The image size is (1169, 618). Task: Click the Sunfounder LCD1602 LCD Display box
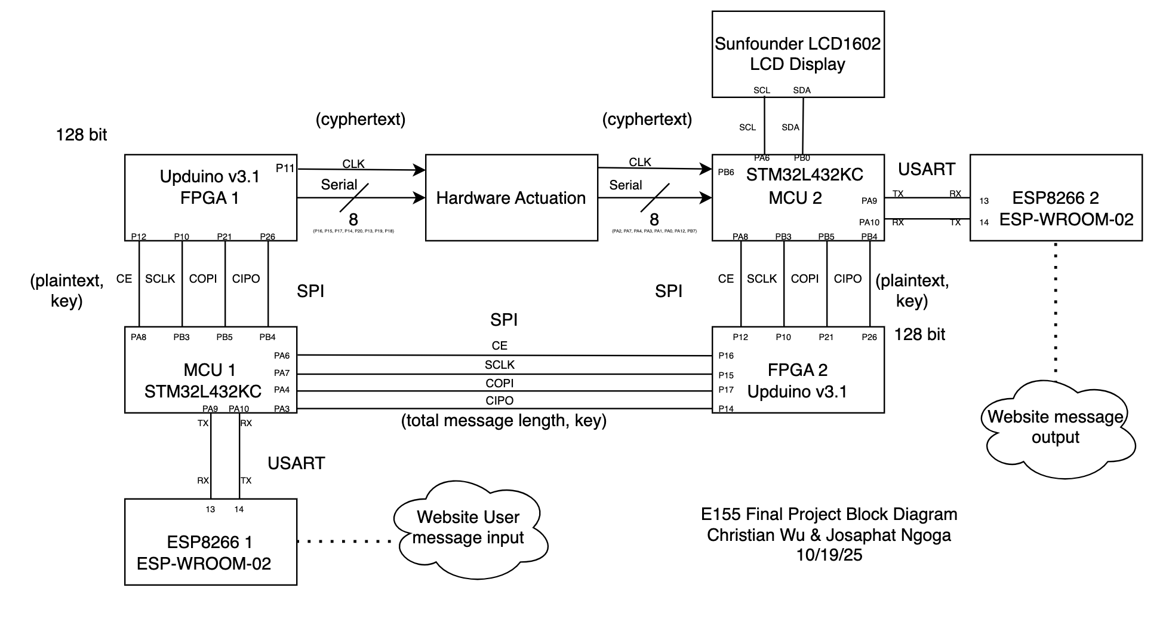click(798, 54)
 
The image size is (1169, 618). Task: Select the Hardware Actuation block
click(511, 198)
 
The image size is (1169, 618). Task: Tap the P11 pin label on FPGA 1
click(285, 169)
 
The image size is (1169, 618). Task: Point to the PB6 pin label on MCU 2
click(726, 172)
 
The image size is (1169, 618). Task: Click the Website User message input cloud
click(468, 527)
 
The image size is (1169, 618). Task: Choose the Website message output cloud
click(1056, 427)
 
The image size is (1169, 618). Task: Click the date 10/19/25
click(829, 555)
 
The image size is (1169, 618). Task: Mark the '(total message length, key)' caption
click(504, 421)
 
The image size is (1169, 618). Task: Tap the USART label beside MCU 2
click(927, 169)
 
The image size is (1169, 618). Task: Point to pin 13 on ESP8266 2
click(984, 201)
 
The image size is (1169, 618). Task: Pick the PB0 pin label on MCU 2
click(802, 158)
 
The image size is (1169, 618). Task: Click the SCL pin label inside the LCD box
click(762, 90)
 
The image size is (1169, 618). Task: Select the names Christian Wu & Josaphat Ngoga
click(829, 535)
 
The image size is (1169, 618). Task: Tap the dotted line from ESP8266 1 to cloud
click(345, 541)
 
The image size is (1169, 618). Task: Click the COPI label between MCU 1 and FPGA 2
click(500, 383)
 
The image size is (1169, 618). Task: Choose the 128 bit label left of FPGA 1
click(82, 135)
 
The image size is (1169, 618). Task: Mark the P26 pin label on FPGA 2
click(869, 337)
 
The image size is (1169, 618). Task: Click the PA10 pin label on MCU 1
click(239, 409)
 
